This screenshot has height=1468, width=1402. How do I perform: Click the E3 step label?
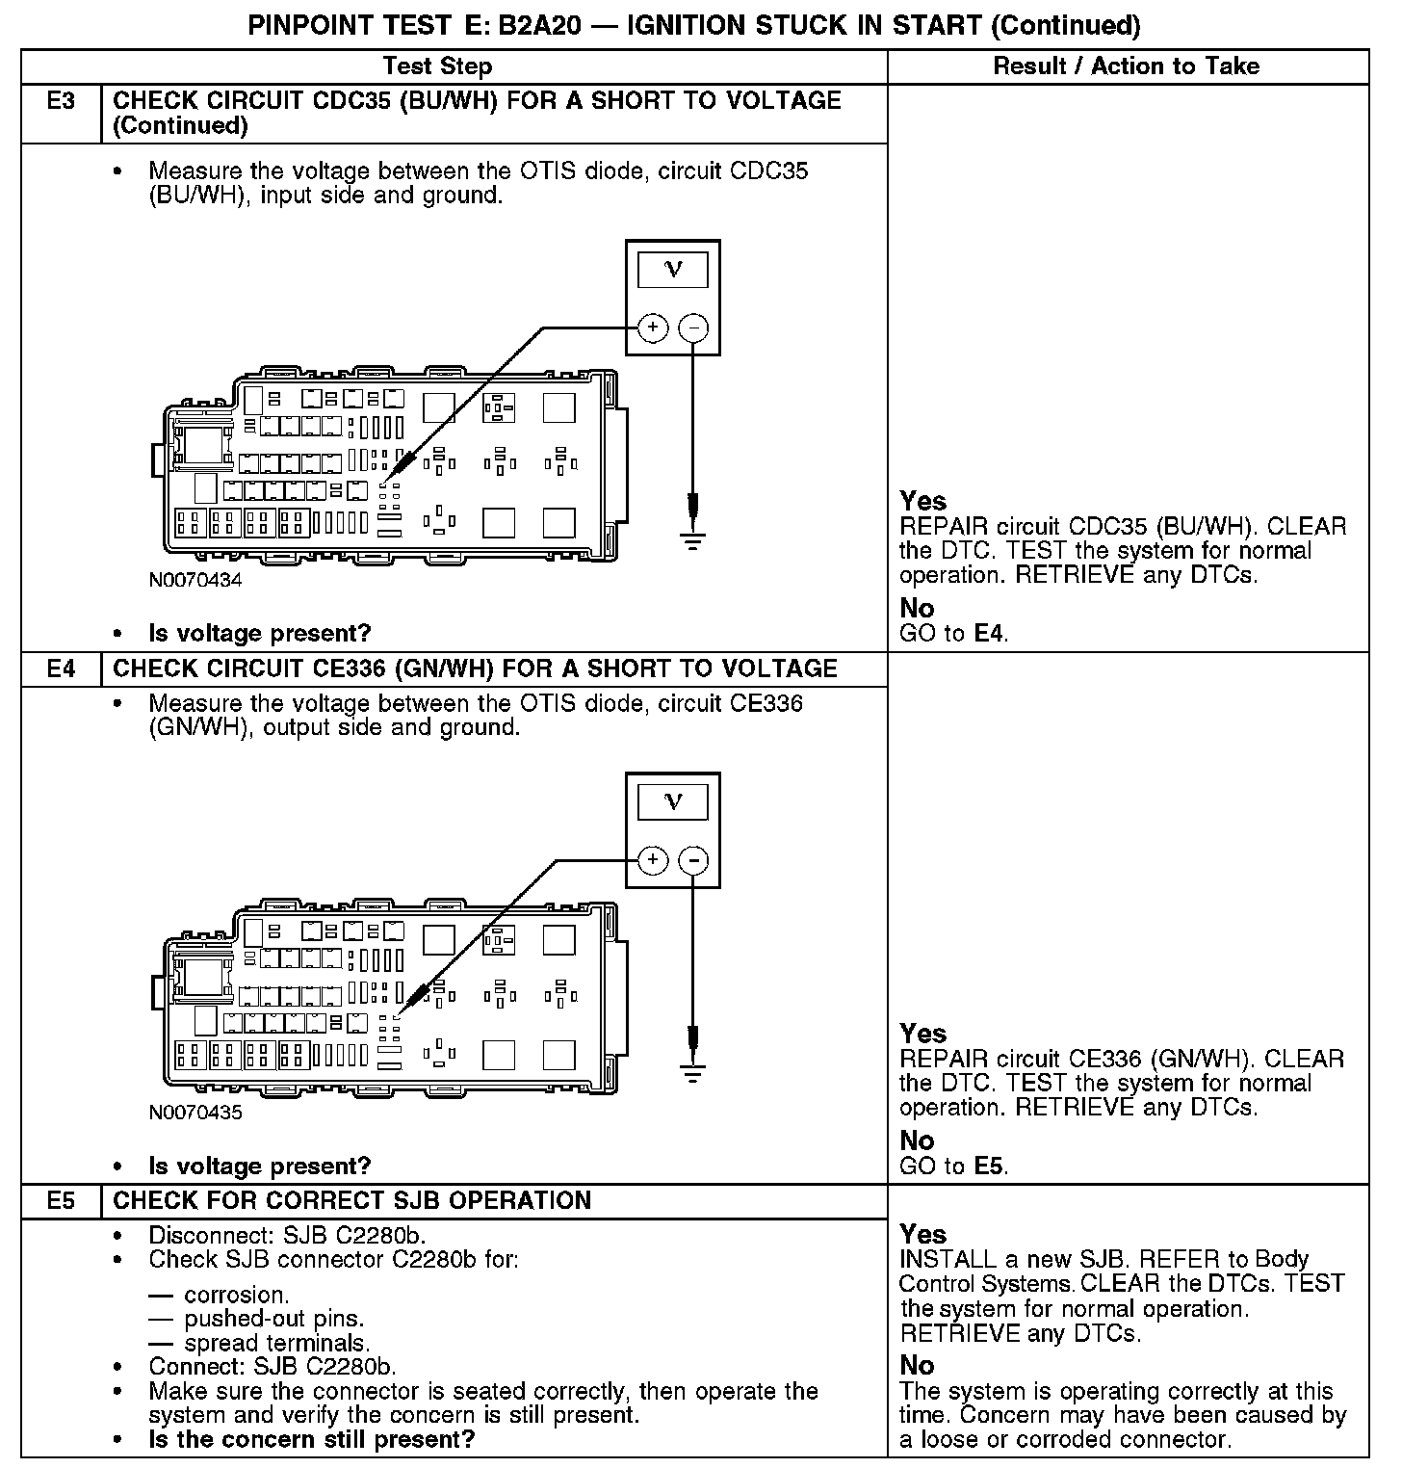point(61,101)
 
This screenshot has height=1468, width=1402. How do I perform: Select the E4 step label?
point(61,668)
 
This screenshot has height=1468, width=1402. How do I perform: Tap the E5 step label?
point(61,1200)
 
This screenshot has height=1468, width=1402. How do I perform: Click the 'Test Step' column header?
point(437,66)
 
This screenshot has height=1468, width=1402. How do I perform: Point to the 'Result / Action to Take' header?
point(1126,66)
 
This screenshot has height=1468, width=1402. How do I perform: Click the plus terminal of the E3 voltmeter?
point(653,328)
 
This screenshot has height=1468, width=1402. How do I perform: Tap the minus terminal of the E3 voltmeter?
point(693,328)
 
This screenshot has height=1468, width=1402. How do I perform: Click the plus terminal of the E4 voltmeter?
point(653,860)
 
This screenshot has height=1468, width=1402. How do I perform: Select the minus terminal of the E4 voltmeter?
point(693,860)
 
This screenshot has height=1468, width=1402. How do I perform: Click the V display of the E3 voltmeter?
point(673,270)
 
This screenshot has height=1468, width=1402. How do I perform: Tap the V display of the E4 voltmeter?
point(673,801)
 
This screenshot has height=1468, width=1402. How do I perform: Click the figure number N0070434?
point(195,581)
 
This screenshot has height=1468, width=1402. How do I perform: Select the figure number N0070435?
point(195,1113)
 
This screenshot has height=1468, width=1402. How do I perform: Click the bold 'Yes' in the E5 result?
point(922,1234)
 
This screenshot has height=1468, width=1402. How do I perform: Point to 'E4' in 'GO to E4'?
point(990,634)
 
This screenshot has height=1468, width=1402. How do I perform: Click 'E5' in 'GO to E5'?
point(990,1166)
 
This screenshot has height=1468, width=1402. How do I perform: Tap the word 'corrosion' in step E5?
point(236,1295)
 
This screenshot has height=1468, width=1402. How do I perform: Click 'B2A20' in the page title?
point(539,25)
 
